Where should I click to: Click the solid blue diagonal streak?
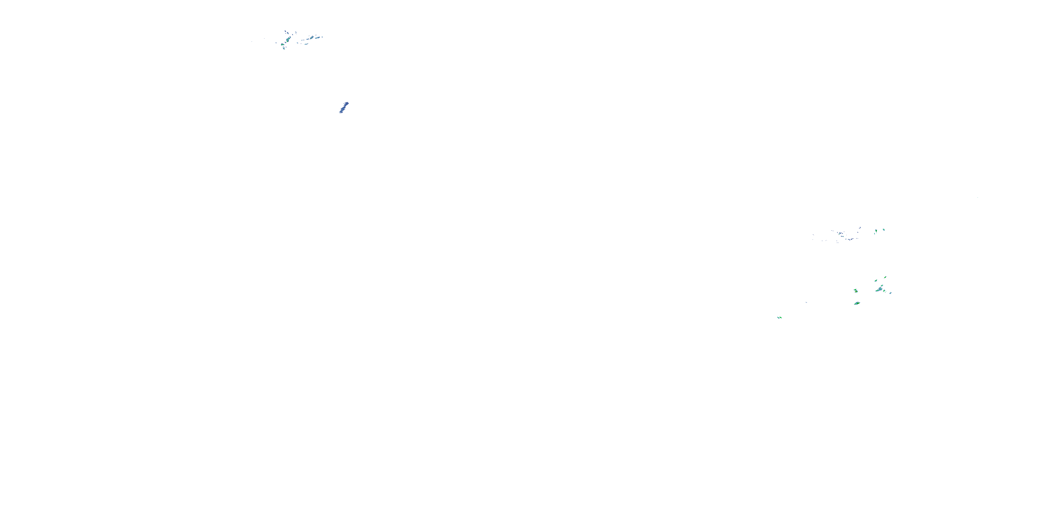click(x=344, y=108)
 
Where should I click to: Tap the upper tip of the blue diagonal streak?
click(x=347, y=103)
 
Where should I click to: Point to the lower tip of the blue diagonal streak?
click(x=340, y=112)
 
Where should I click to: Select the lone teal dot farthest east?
click(x=978, y=197)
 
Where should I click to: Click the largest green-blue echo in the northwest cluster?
click(x=288, y=40)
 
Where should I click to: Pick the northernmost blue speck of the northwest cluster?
click(x=285, y=31)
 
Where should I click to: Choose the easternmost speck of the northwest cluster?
click(x=322, y=37)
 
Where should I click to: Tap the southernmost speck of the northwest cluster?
click(x=284, y=49)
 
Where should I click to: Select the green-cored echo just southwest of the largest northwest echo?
click(x=283, y=45)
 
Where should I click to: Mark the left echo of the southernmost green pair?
click(x=778, y=318)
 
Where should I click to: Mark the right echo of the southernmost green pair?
click(x=781, y=318)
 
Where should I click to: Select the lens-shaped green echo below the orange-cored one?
click(x=857, y=303)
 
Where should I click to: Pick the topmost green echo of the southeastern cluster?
click(x=885, y=278)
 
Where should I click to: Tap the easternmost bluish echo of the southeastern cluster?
click(x=891, y=293)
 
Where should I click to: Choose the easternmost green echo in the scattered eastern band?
click(x=884, y=230)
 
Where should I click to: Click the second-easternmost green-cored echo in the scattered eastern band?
click(x=876, y=231)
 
